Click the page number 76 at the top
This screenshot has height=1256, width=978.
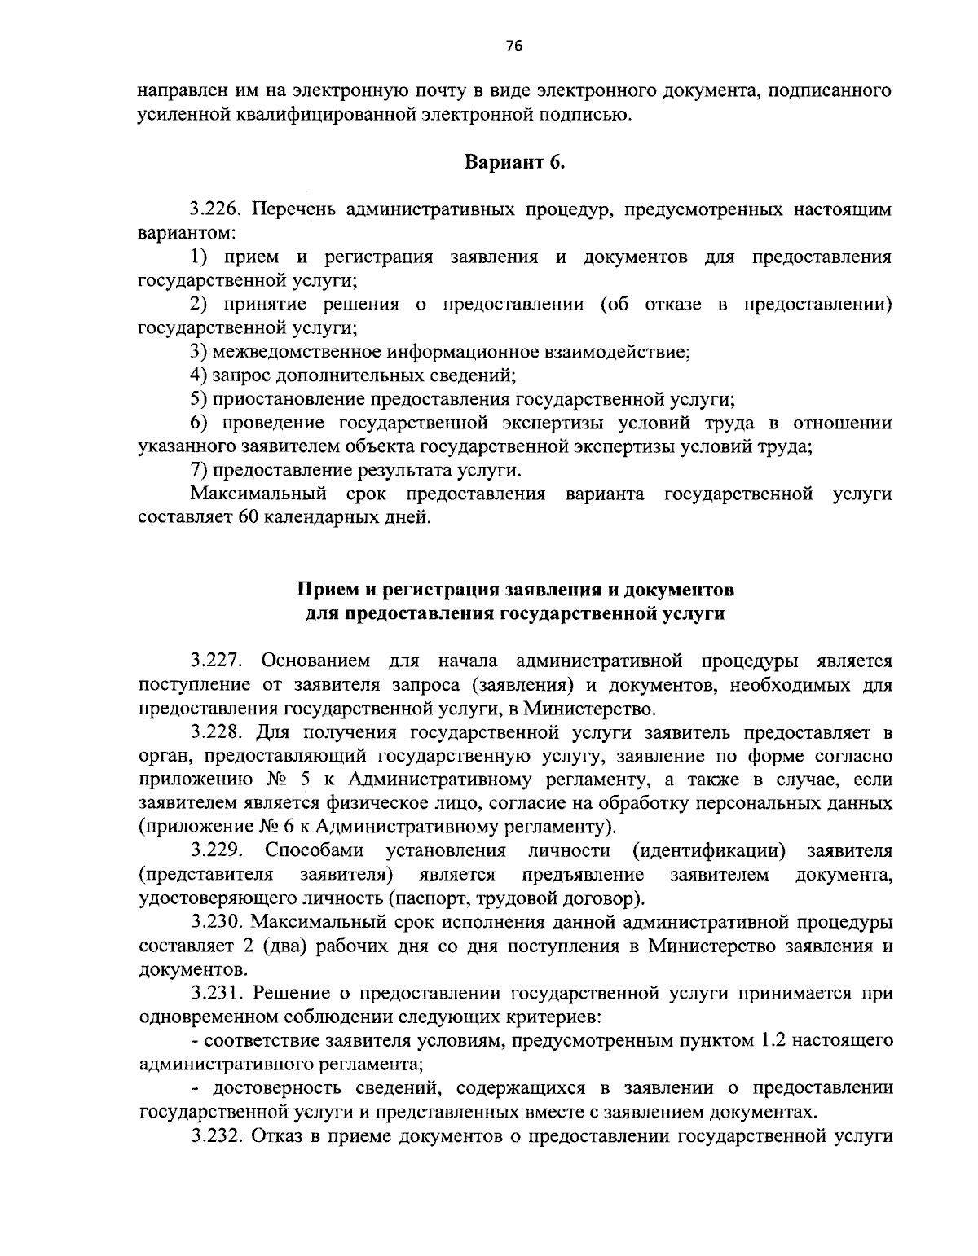(x=513, y=46)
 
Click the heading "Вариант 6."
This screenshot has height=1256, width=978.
(x=514, y=162)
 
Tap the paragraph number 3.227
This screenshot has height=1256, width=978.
(x=217, y=660)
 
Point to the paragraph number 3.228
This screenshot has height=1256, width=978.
(x=217, y=731)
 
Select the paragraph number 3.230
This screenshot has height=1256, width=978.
(x=217, y=923)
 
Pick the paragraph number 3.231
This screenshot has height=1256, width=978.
(x=217, y=994)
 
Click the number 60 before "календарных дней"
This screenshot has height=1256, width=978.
(x=248, y=518)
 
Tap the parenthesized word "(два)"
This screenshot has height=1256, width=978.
(x=302, y=946)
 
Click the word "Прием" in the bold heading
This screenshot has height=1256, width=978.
(x=322, y=589)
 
